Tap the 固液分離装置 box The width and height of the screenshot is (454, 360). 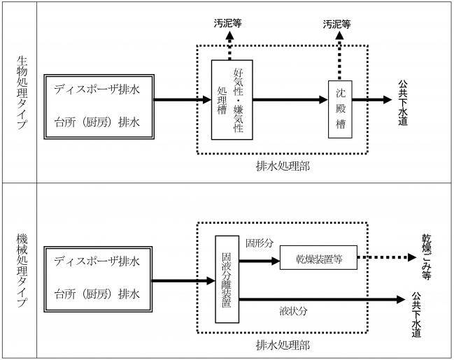click(x=227, y=279)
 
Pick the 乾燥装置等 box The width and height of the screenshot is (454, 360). click(x=318, y=257)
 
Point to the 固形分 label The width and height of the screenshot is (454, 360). click(x=260, y=245)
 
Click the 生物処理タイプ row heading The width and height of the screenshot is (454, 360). click(x=19, y=92)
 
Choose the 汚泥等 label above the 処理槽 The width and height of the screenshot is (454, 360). click(x=228, y=23)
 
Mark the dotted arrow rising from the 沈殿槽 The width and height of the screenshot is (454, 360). click(x=339, y=56)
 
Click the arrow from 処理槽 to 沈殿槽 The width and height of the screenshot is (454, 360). click(x=288, y=100)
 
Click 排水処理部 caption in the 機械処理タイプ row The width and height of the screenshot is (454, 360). click(x=282, y=345)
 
